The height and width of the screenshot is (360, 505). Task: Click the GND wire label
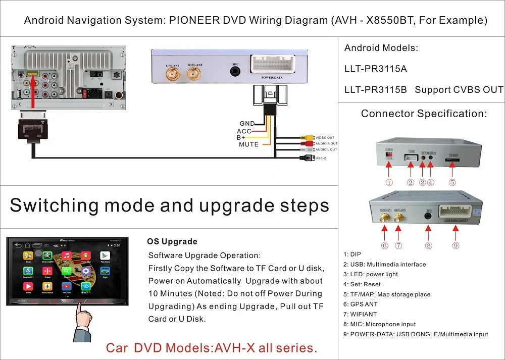(x=247, y=124)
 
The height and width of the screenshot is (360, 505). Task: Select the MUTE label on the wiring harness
(x=248, y=144)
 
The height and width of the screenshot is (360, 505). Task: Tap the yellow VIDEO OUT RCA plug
(x=307, y=137)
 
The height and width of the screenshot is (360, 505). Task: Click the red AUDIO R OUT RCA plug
(x=307, y=143)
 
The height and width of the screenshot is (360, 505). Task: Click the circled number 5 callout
(x=452, y=183)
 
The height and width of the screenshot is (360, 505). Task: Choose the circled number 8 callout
(x=428, y=245)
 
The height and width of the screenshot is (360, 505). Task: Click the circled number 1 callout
(x=389, y=183)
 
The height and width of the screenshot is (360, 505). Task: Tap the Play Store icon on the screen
(x=105, y=257)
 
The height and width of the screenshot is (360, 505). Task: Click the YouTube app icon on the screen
(x=66, y=288)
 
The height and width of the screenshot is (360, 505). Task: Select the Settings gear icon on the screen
(x=86, y=272)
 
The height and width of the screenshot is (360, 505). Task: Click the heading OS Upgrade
(x=172, y=241)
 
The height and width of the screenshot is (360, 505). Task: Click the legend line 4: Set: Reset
(x=362, y=284)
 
